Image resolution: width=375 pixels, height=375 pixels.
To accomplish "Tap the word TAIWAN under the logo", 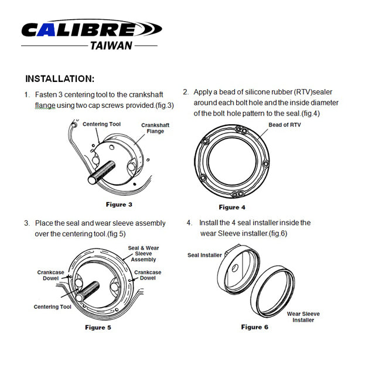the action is [111, 46].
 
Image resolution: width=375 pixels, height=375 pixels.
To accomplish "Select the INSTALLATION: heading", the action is [60, 79].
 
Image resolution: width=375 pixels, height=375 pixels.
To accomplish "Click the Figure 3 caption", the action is [119, 204].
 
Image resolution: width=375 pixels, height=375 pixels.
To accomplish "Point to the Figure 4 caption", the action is [232, 207].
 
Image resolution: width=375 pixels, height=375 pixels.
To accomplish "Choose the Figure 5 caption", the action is [98, 327].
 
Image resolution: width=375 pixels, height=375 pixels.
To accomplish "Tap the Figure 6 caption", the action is [254, 327].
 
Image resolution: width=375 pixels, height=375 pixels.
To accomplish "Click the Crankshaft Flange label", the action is [155, 128].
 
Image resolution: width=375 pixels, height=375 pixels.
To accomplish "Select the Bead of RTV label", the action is [284, 125].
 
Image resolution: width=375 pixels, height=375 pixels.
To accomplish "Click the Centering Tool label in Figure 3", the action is [101, 124].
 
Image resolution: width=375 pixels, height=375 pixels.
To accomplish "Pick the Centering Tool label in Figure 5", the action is [52, 306].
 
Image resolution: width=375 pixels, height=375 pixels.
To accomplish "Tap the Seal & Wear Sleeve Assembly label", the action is [143, 254].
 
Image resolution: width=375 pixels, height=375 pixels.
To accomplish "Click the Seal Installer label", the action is [204, 255].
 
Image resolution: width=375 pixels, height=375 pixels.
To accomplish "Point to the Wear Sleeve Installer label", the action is [303, 316].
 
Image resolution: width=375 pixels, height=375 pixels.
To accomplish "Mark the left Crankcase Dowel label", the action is [50, 275].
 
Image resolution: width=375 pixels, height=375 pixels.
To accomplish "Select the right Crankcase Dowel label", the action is [148, 275].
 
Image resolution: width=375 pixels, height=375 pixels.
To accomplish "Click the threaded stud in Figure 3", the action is [101, 172].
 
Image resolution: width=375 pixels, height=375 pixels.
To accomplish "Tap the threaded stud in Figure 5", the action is [87, 291].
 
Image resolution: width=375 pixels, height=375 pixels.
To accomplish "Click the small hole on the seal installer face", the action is [235, 268].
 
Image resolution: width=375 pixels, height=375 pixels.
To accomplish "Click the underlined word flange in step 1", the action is [45, 105].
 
